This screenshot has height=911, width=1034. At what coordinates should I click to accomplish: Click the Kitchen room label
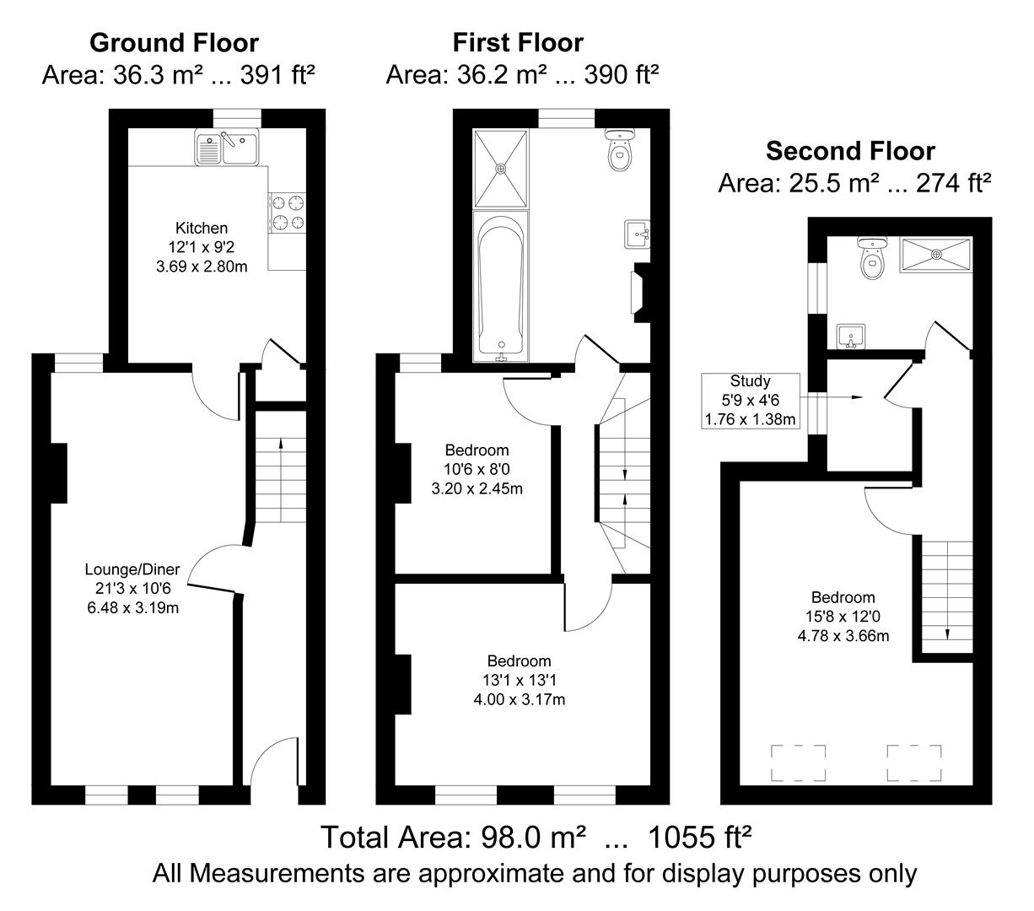pos(201,228)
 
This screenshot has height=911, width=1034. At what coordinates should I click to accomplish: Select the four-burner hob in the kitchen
pos(288,213)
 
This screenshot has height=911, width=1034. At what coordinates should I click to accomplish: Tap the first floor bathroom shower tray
pos(502,168)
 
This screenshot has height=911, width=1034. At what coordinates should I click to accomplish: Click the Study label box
pos(750,401)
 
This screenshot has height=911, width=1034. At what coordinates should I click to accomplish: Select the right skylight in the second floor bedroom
pos(914,763)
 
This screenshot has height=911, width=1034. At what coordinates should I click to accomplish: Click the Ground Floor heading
pos(174,42)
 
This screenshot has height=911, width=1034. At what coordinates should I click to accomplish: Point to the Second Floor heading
pos(850,151)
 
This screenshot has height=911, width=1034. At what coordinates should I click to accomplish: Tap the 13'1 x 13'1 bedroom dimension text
pos(519,680)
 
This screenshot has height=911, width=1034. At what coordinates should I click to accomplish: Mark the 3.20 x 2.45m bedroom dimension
pos(477,488)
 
